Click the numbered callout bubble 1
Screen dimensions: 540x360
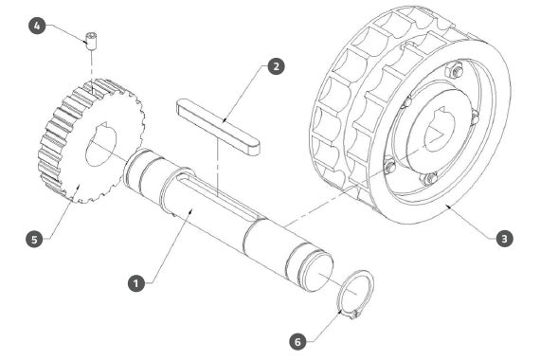[x=136, y=283]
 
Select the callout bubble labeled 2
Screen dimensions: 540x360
[x=277, y=65]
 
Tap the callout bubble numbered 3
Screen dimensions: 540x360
[x=504, y=239]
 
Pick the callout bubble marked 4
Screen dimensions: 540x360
[x=37, y=26]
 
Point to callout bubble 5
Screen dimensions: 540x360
[x=34, y=239]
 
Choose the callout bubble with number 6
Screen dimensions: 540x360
[x=297, y=341]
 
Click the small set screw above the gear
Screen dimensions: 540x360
[x=91, y=41]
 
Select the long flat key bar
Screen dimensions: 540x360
[x=218, y=126]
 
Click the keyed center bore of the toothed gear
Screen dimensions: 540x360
[x=101, y=144]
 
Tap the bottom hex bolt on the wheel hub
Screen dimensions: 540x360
[x=429, y=178]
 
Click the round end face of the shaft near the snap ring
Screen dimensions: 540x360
[x=316, y=275]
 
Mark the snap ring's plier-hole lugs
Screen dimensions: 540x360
[x=354, y=315]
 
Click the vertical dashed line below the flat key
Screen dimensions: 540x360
[x=218, y=168]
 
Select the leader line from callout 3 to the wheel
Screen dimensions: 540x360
[x=471, y=223]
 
